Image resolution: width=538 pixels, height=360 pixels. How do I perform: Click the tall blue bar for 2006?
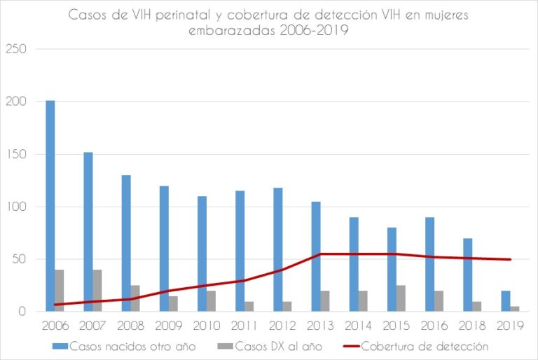click(50, 206)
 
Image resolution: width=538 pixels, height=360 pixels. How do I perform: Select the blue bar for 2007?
click(88, 232)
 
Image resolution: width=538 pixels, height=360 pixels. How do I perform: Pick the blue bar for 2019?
click(506, 301)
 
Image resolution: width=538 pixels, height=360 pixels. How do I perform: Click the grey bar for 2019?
click(515, 309)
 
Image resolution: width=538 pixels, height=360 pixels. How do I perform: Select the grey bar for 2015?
click(401, 298)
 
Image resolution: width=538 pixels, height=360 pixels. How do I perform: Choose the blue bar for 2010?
click(202, 254)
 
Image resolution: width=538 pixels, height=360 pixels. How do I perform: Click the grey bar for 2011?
click(249, 306)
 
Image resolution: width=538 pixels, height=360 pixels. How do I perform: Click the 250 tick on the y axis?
click(15, 49)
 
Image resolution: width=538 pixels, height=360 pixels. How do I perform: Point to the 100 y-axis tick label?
click(15, 207)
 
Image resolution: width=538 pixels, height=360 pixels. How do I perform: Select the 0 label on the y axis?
click(22, 312)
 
